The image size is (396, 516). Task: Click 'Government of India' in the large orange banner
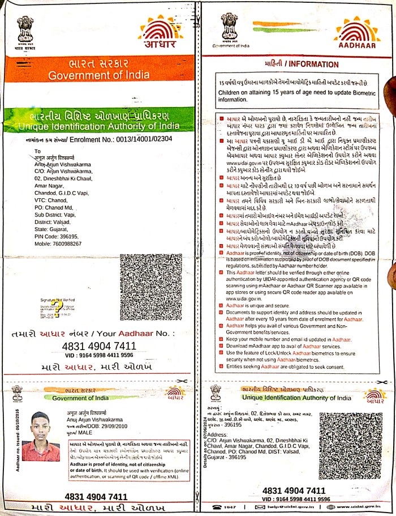pyautogui.click(x=100, y=76)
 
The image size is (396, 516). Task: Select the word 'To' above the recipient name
pyautogui.click(x=38, y=151)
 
